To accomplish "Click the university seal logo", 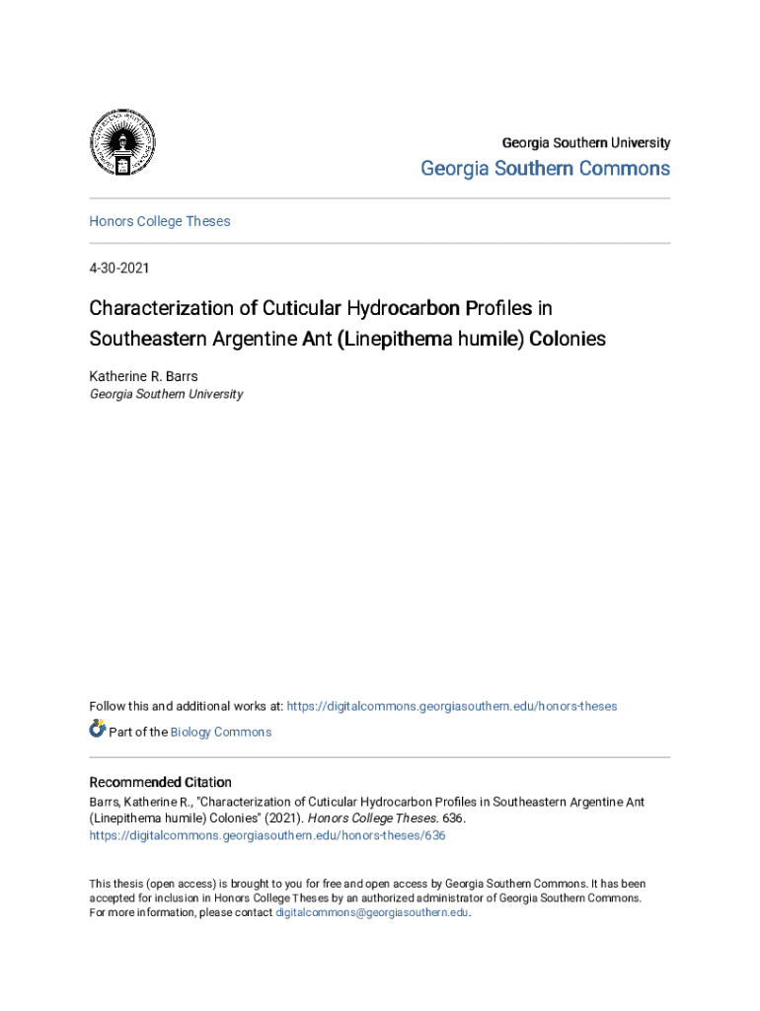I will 122,143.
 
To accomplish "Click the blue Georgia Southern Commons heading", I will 545,169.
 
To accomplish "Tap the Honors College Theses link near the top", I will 160,221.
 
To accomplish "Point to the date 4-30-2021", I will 119,268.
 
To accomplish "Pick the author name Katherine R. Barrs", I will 144,376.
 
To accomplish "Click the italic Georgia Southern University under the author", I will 166,394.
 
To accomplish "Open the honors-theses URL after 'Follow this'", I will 451,706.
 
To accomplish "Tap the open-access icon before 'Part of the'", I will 98,730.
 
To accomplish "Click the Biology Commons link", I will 221,732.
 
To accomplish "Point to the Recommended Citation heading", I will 161,782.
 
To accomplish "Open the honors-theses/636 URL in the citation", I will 267,835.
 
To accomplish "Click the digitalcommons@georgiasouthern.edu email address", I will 372,913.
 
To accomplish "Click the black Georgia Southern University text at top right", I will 586,142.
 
